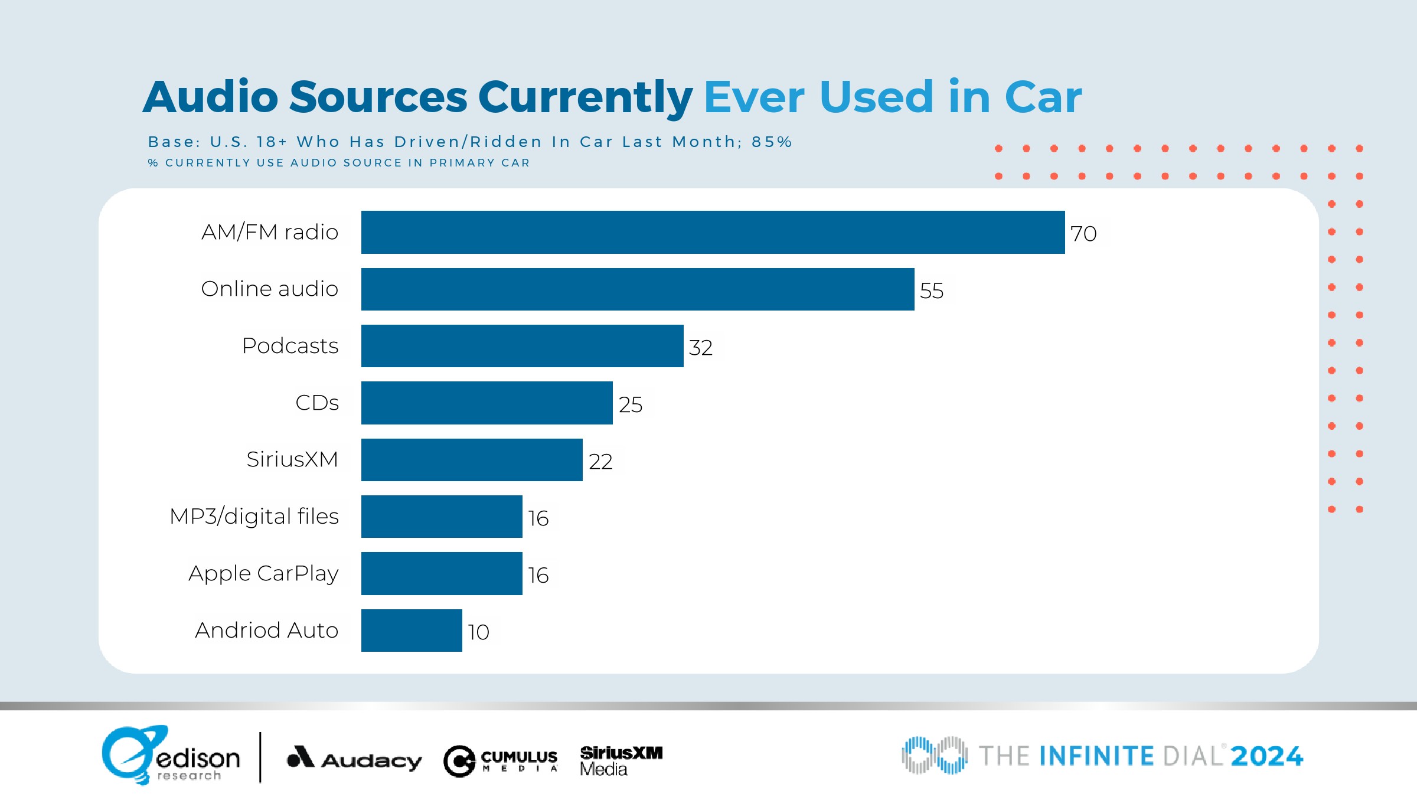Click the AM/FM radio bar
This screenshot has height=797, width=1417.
pyautogui.click(x=713, y=232)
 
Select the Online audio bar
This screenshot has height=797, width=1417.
pyautogui.click(x=638, y=289)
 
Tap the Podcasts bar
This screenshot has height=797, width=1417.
pyautogui.click(x=522, y=346)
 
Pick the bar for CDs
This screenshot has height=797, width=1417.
pyautogui.click(x=487, y=403)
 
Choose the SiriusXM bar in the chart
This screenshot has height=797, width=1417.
pyautogui.click(x=472, y=460)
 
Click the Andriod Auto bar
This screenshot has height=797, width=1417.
pyautogui.click(x=412, y=631)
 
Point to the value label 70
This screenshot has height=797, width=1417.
pyautogui.click(x=1083, y=234)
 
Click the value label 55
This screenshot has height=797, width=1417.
pyautogui.click(x=932, y=291)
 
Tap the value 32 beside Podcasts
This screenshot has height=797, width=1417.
pyautogui.click(x=701, y=348)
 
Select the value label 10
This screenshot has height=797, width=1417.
pyautogui.click(x=478, y=632)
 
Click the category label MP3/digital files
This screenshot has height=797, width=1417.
pyautogui.click(x=254, y=517)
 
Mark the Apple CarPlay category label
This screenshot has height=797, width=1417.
pyautogui.click(x=263, y=573)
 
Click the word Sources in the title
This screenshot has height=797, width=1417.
pyautogui.click(x=378, y=97)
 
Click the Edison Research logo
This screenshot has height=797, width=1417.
pyautogui.click(x=171, y=756)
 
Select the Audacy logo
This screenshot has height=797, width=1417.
pyautogui.click(x=354, y=759)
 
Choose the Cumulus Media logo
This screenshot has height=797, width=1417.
pyautogui.click(x=501, y=760)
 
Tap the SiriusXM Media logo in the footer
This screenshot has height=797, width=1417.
pyautogui.click(x=621, y=760)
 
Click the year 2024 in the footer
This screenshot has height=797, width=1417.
pyautogui.click(x=1267, y=756)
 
